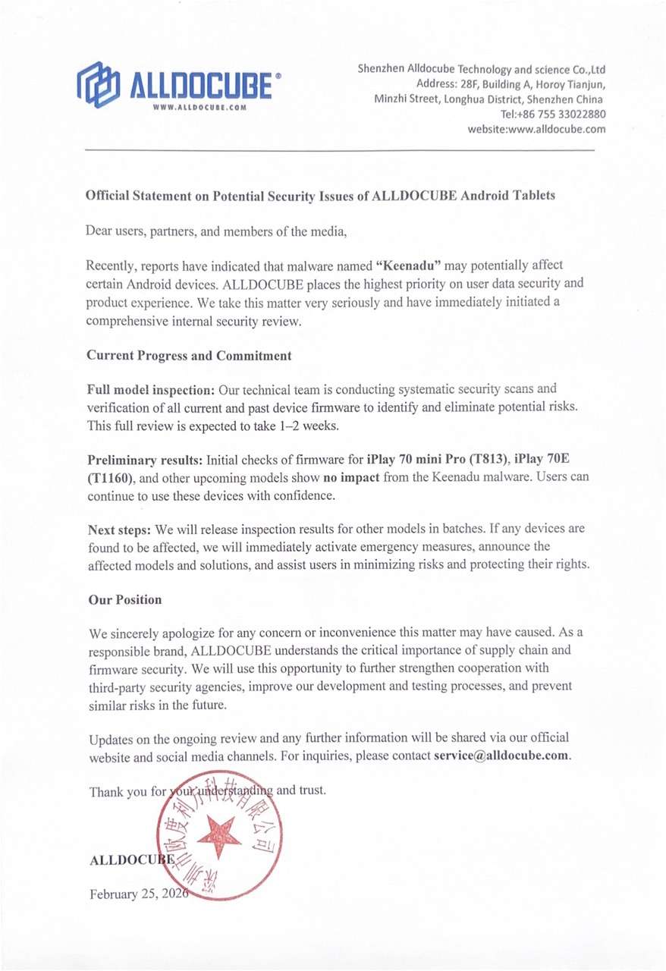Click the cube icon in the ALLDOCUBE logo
[x=98, y=83]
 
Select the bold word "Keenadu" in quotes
[x=409, y=266]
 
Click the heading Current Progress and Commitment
[x=189, y=355]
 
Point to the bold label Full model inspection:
[x=152, y=390]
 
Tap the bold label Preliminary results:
[x=146, y=460]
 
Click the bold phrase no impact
[x=353, y=477]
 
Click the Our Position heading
[x=125, y=599]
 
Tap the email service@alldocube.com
[x=501, y=756]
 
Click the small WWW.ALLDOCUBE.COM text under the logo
[x=200, y=108]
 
